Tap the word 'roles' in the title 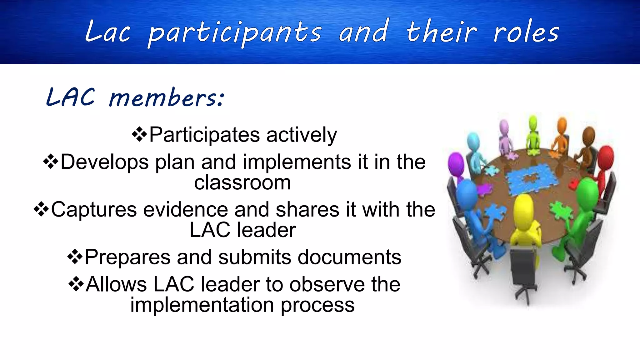click(526, 33)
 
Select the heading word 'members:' click(166, 98)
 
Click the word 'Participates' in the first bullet click(204, 135)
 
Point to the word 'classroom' click(242, 182)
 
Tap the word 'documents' click(349, 257)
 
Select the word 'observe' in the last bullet click(327, 285)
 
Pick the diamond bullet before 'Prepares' click(75, 257)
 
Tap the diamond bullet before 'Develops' click(51, 162)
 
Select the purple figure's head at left click(456, 163)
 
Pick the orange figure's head click(562, 125)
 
